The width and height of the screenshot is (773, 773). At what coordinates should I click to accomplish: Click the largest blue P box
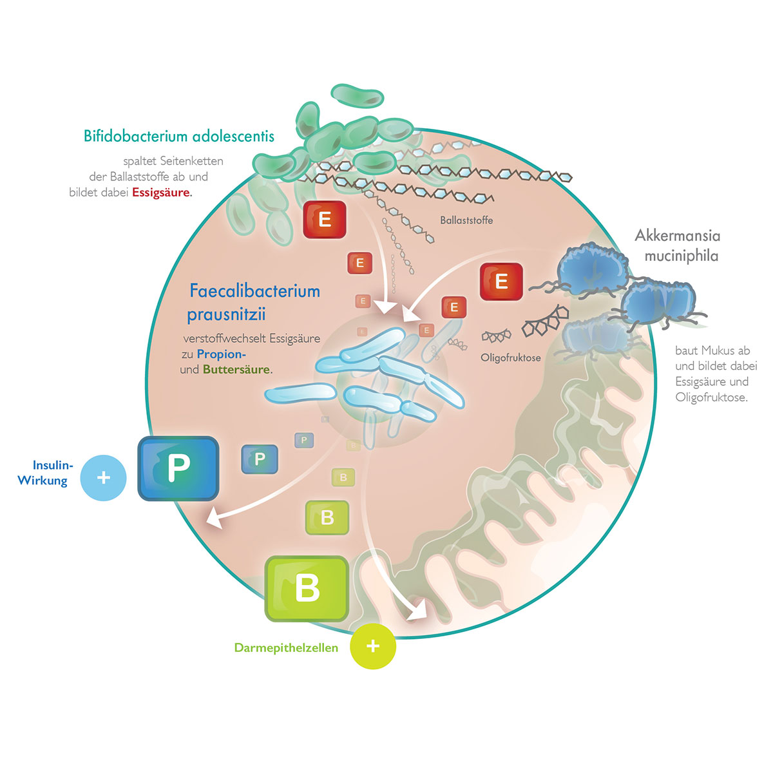click(x=178, y=468)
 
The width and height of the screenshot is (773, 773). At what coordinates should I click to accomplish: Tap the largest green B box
click(x=307, y=589)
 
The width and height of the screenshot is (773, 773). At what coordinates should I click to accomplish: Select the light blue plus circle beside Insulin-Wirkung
click(x=103, y=478)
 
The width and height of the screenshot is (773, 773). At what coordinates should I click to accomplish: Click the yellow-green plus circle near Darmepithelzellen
click(x=373, y=646)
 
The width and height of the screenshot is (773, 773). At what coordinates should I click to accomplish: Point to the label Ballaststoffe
click(x=466, y=220)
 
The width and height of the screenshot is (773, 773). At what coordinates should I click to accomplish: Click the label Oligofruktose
click(x=511, y=358)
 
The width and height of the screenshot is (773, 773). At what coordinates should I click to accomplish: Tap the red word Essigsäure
click(x=161, y=193)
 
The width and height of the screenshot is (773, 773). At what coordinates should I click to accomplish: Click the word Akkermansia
click(x=677, y=235)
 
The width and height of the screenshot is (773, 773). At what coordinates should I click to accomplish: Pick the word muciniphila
click(x=681, y=256)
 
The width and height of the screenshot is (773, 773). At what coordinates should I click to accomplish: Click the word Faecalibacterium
click(x=254, y=291)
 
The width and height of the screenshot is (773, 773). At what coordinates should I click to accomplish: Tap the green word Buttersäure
click(x=236, y=370)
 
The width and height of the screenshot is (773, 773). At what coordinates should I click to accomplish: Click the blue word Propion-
click(x=222, y=354)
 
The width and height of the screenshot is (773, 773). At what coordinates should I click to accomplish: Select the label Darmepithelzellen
click(x=286, y=648)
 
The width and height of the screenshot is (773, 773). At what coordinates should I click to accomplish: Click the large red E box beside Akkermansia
click(x=501, y=282)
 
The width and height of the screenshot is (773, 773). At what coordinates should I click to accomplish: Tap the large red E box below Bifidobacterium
click(x=325, y=220)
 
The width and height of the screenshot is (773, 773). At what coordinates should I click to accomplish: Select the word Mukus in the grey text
click(x=719, y=351)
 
